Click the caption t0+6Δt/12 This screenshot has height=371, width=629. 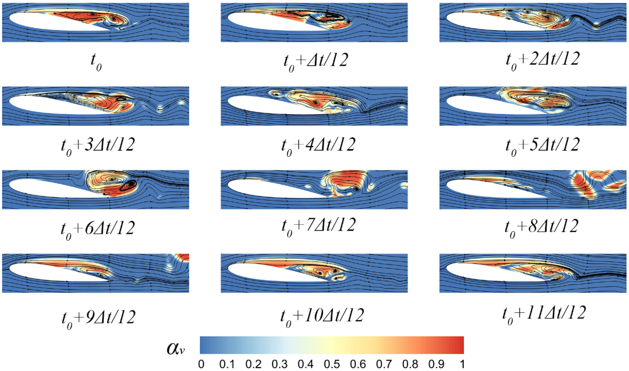(x=98, y=229)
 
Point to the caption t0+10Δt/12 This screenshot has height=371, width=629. (x=322, y=316)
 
